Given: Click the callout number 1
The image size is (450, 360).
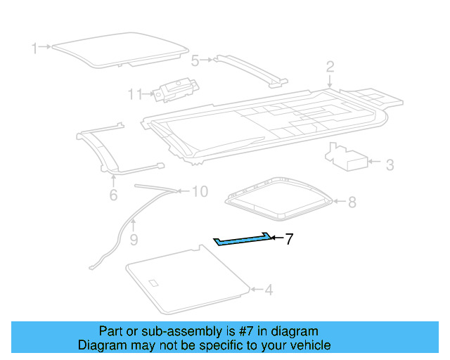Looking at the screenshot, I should [34, 48].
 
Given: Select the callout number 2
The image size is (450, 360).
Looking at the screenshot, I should [330, 67].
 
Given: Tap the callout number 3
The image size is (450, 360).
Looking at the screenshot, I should [390, 165].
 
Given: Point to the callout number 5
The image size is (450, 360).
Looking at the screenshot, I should [195, 60].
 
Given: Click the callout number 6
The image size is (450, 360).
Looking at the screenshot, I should [113, 195].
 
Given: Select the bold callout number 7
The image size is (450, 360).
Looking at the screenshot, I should [288, 240].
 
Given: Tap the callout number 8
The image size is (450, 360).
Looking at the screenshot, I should [352, 202].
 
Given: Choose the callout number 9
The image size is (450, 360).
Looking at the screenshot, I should [134, 240].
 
